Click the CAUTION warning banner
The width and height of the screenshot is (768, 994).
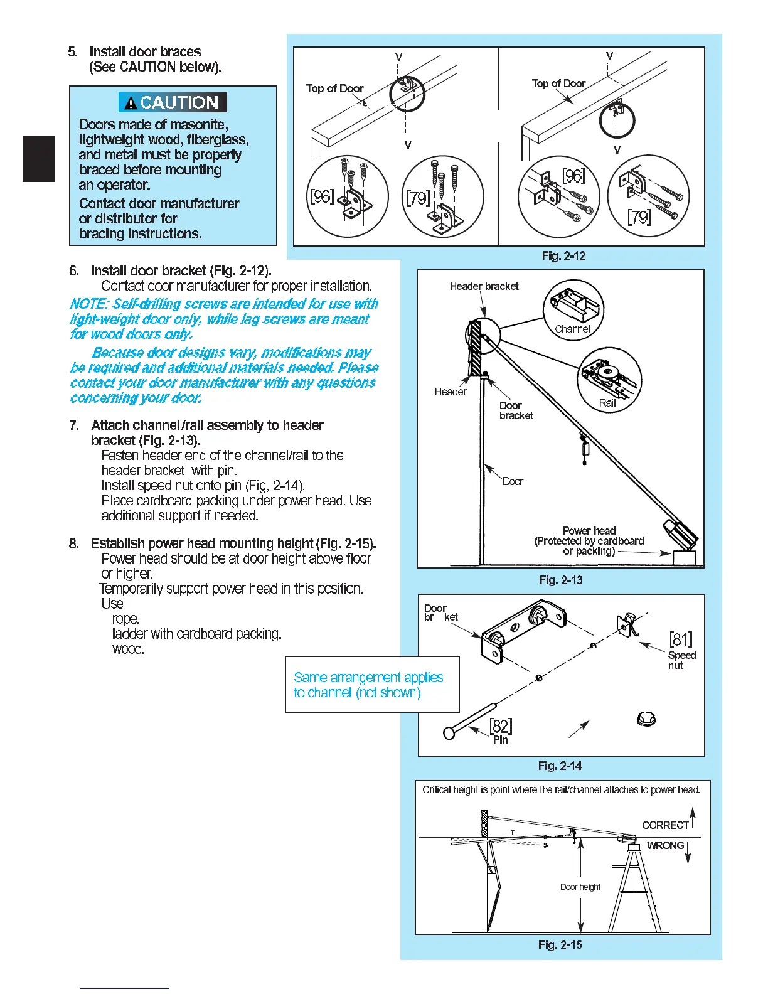point(173,102)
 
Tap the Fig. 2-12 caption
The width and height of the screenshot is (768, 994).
point(563,255)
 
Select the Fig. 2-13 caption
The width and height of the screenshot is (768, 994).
point(560,580)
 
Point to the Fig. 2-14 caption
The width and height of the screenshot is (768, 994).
point(560,766)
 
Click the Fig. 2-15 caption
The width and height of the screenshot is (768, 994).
point(560,944)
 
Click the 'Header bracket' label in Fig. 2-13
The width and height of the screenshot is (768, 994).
point(484,286)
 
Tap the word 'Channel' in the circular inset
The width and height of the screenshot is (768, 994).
point(572,329)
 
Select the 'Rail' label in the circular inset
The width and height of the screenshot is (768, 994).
point(607,403)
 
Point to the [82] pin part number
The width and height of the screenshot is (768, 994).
point(501,726)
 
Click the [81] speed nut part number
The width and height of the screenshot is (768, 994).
point(681,639)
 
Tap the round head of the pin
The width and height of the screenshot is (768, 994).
point(449,732)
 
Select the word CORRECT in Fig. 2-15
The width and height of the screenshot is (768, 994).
point(665,825)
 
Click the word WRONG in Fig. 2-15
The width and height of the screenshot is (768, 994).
point(665,845)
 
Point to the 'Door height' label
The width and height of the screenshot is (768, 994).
point(580,887)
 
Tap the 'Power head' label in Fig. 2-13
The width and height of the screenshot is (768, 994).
point(589,531)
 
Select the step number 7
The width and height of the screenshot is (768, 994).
point(74,425)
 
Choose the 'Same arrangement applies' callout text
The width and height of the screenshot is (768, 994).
point(368,678)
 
